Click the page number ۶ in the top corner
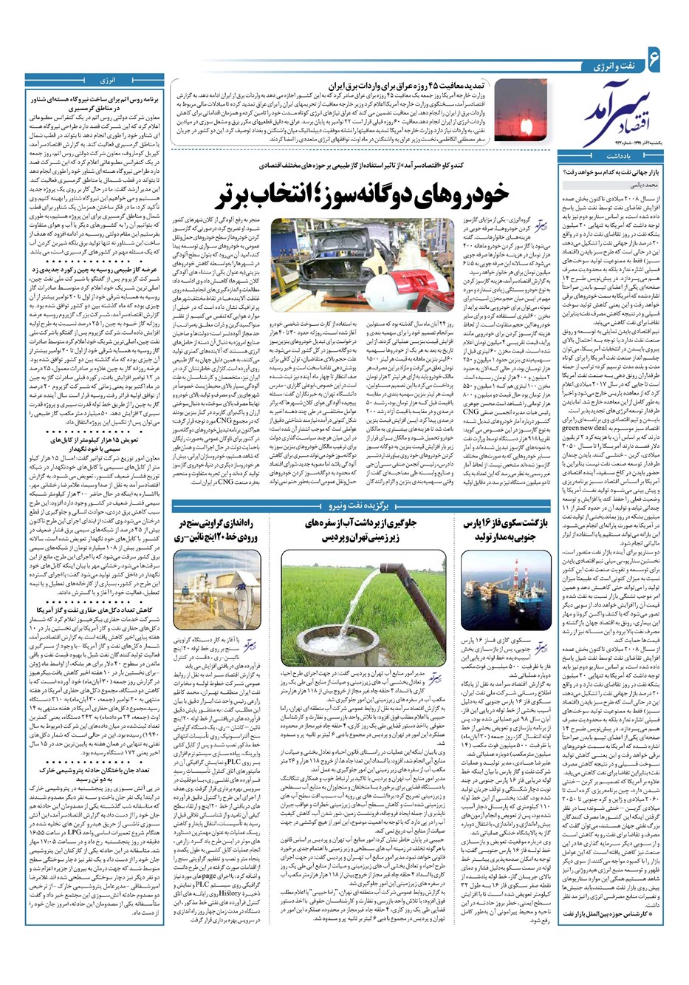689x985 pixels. (x=653, y=55)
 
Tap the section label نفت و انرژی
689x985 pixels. (x=613, y=67)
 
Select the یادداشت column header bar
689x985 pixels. (x=619, y=157)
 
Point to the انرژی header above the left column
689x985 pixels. (x=108, y=79)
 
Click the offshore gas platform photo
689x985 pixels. (x=507, y=591)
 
